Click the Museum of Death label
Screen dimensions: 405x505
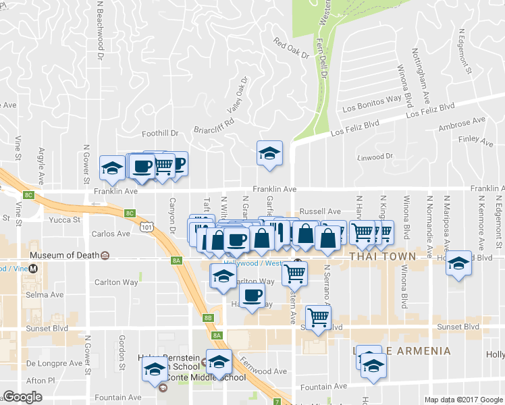tap(64, 256)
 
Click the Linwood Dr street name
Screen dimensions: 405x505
tap(375, 157)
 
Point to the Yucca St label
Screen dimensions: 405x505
tap(65, 220)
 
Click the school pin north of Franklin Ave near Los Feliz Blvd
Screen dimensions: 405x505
tap(269, 153)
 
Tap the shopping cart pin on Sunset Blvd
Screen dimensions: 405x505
tap(318, 317)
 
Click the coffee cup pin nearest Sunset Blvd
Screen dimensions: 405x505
tap(252, 294)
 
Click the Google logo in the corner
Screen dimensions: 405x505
tap(22, 397)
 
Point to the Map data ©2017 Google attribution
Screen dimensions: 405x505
tap(462, 400)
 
